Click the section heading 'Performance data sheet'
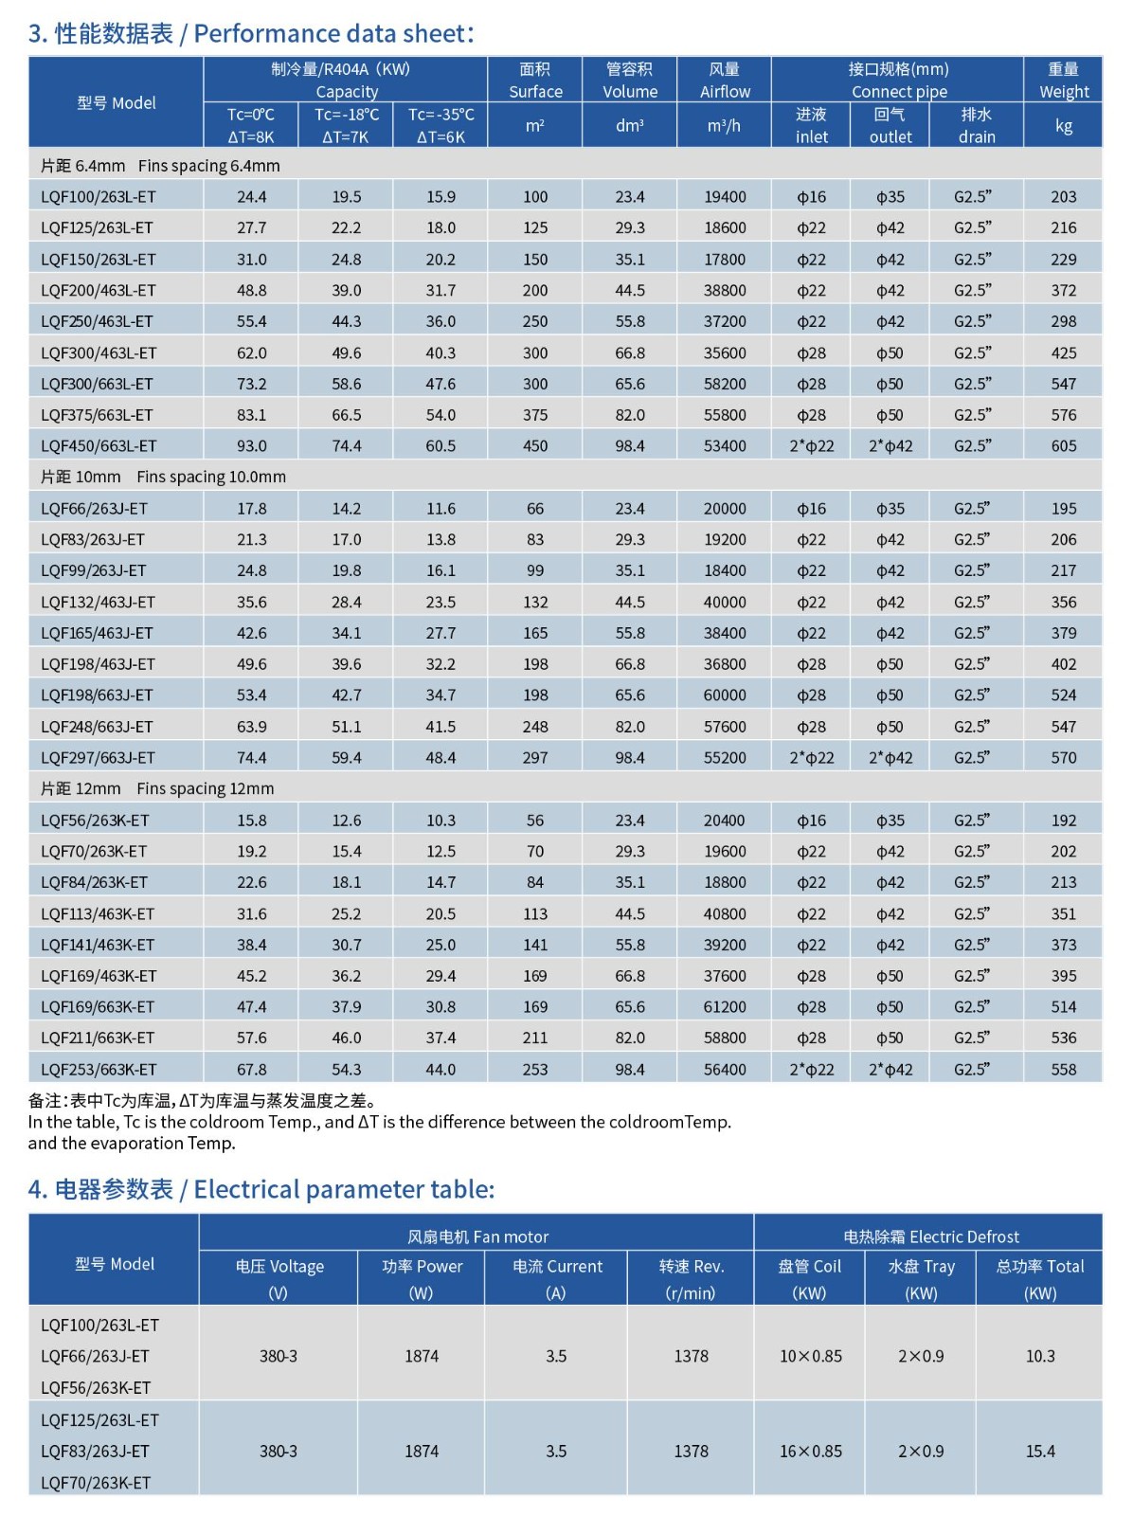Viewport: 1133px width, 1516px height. coord(251,34)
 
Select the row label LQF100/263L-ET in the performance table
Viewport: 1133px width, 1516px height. coord(99,197)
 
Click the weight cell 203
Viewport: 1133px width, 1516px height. coord(1063,197)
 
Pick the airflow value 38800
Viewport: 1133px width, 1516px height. coord(725,291)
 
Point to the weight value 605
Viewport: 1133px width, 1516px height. coord(1063,446)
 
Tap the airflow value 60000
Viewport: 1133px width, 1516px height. coord(725,695)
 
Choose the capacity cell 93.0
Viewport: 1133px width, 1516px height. coord(251,446)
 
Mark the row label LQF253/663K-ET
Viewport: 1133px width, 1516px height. coord(99,1070)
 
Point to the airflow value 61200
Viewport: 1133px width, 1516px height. coord(725,1007)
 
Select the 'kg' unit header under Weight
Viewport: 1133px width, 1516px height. coord(1063,126)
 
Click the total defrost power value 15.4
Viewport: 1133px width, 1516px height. coord(1040,1451)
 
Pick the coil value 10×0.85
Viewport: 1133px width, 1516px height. coord(810,1356)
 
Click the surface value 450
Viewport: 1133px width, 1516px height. coord(535,446)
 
